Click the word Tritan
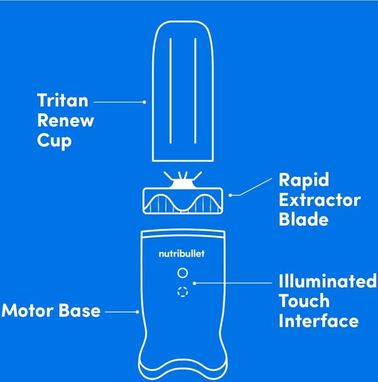point(63,100)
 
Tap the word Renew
point(66,120)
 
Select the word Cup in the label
point(54,140)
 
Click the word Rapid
point(304,179)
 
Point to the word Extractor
point(319,199)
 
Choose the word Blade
point(303,219)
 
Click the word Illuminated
point(327,281)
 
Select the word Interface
point(318,320)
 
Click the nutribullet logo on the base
point(182,254)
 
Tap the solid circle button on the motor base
point(182,273)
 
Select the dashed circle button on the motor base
point(183,292)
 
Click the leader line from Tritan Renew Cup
point(119,102)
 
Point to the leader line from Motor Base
point(122,312)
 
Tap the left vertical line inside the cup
point(170,91)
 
